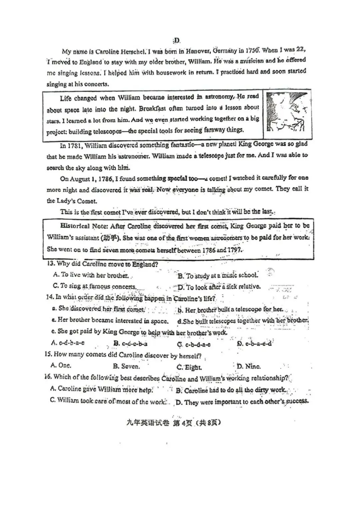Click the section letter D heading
tap(177, 41)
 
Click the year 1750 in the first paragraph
tap(252, 50)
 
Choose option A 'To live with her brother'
tap(91, 275)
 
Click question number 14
tap(50, 297)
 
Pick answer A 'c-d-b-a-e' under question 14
tap(68, 343)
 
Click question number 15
tap(49, 354)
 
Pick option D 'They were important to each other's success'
tap(242, 402)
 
